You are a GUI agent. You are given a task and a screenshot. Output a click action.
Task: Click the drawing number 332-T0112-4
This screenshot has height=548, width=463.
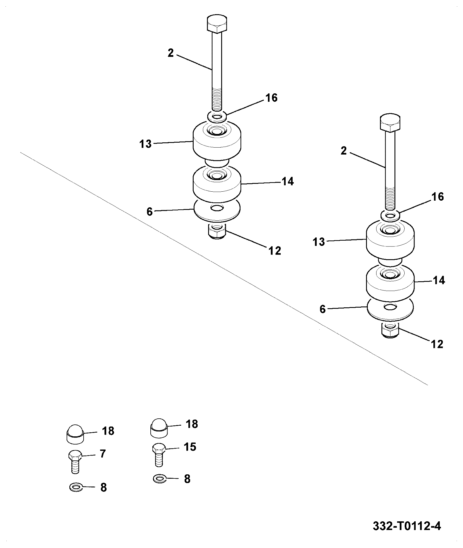pos(407,526)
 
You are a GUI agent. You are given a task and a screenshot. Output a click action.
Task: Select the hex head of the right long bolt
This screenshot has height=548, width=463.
pos(390,122)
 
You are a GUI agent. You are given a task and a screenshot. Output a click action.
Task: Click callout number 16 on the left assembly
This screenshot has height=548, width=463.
pos(271,98)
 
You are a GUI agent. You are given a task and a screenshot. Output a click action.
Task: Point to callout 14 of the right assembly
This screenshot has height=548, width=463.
pos(439,280)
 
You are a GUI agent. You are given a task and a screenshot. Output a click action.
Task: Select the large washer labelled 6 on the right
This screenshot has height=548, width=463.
pos(390,309)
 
